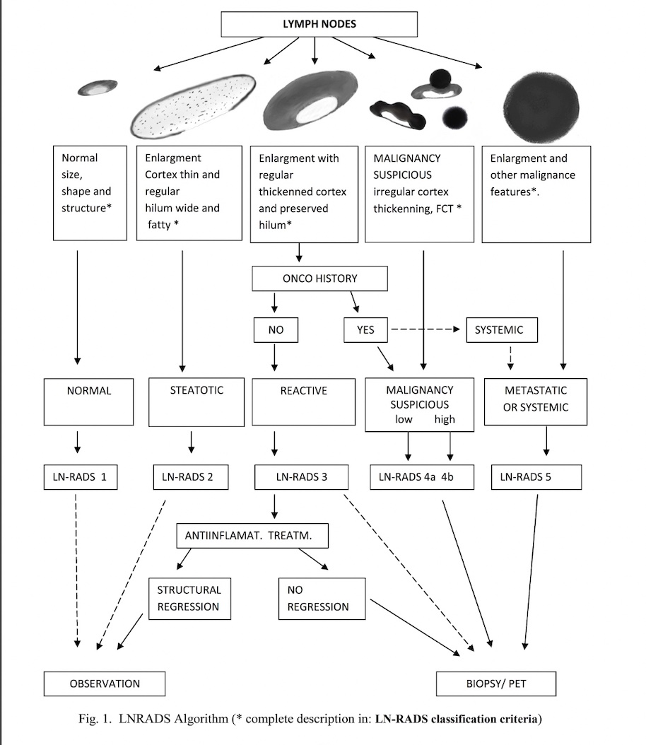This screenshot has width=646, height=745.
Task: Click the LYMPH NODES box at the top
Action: click(x=315, y=24)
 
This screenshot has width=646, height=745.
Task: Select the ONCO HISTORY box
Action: click(x=319, y=278)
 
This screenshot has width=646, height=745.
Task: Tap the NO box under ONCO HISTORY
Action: click(x=275, y=329)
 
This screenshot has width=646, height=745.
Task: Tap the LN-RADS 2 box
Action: click(x=191, y=477)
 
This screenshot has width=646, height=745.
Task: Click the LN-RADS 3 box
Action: click(x=301, y=477)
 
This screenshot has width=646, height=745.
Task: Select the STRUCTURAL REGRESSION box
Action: click(x=189, y=598)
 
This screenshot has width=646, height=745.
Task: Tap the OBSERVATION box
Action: click(x=105, y=684)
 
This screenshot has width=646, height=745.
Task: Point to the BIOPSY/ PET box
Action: click(x=496, y=684)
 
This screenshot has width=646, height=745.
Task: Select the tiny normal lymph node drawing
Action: click(x=98, y=88)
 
